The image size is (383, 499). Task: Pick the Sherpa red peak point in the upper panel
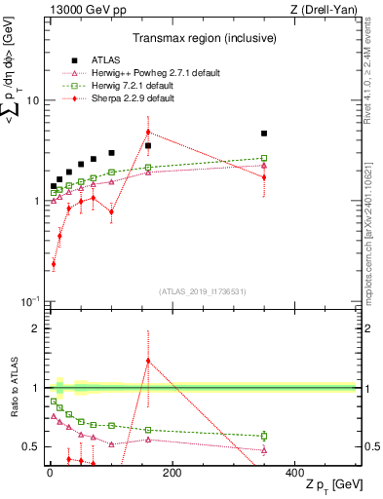click(148, 132)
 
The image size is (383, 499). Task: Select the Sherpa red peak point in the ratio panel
click(148, 361)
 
